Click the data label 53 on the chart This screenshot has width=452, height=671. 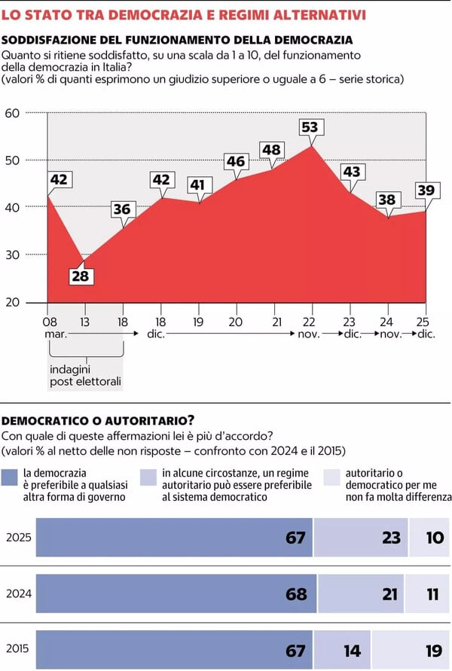[310, 127]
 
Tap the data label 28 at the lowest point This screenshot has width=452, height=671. [81, 276]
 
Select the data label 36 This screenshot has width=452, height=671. [121, 209]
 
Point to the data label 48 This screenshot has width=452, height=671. [271, 150]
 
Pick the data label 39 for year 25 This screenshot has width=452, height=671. [426, 191]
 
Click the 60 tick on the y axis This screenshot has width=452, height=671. [11, 114]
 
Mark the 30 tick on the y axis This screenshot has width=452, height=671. [11, 255]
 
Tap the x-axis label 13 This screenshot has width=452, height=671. [84, 322]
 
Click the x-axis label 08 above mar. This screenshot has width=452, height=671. [49, 322]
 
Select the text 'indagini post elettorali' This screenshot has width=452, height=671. [85, 376]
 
